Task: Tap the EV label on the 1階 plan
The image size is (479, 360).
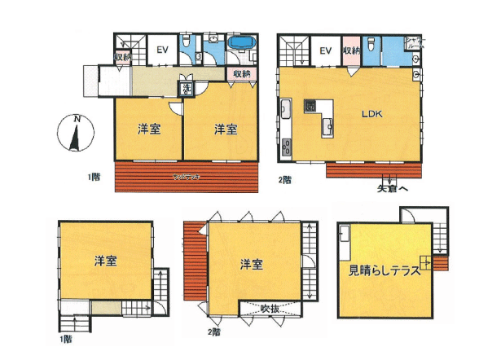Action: tap(161, 50)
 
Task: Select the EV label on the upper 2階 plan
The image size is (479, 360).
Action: tap(325, 50)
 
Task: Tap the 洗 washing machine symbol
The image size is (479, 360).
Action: tap(185, 88)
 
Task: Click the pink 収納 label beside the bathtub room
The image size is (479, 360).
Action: tap(242, 74)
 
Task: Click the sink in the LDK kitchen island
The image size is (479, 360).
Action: tap(327, 125)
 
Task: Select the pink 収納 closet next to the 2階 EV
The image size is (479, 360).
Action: tap(351, 51)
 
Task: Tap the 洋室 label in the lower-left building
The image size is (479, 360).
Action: tap(104, 261)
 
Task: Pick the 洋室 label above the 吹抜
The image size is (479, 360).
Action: tap(251, 264)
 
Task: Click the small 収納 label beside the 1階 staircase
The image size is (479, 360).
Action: tap(122, 57)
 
